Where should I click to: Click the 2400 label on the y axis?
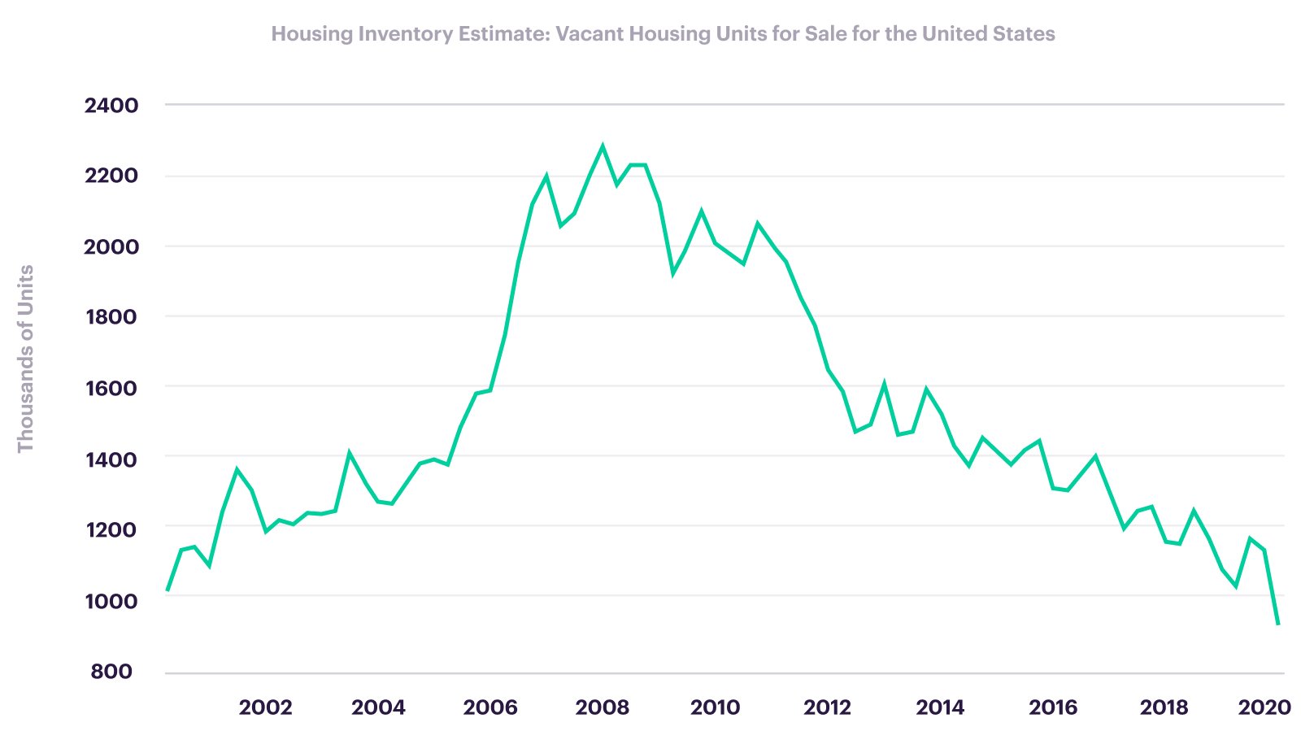111,106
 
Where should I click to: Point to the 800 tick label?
111,672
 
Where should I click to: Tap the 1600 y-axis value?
111,388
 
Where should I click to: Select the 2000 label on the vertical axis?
111,247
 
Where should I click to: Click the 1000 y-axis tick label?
111,601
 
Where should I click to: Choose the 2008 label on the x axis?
603,707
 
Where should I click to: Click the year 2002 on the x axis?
265,707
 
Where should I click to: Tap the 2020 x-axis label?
1264,707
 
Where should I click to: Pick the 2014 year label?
940,707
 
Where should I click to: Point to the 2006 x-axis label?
490,707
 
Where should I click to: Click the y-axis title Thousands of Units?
25,359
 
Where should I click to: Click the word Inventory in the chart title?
405,34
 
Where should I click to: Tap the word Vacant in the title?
590,33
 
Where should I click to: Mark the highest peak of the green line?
603,146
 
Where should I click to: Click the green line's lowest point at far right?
1277,625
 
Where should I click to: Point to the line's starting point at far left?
168,590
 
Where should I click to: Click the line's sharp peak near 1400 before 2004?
349,453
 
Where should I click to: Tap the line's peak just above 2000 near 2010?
701,211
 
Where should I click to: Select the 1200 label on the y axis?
111,530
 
